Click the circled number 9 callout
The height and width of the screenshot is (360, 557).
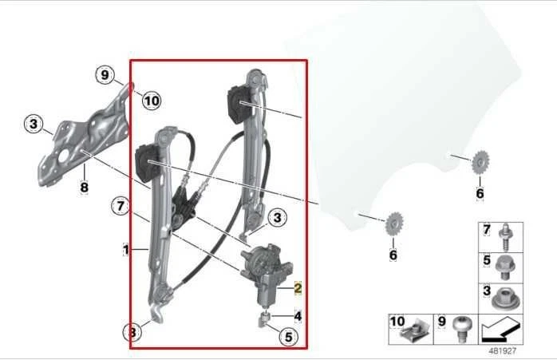tap(105, 76)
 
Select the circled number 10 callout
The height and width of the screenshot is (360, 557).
tap(151, 101)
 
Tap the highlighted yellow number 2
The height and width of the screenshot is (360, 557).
tap(298, 288)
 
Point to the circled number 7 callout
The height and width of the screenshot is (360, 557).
tap(120, 207)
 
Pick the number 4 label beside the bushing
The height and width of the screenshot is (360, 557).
tap(298, 316)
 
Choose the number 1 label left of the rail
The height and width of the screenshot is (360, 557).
tap(125, 251)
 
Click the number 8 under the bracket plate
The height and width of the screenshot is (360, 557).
tap(83, 188)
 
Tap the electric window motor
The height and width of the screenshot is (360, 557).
tap(266, 269)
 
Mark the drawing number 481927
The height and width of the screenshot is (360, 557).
tap(504, 350)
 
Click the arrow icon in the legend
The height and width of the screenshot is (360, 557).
tap(503, 328)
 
